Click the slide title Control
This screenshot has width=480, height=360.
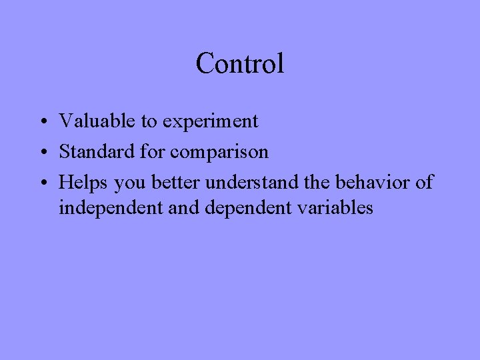coord(240,64)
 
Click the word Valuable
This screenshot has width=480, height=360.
coord(98,121)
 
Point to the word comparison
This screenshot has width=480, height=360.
coord(219,153)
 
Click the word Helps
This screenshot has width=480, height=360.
coord(84,182)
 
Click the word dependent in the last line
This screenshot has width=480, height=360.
coord(245,208)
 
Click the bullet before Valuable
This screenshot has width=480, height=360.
coord(42,123)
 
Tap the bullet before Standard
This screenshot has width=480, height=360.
coord(42,153)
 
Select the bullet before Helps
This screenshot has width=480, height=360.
coord(42,183)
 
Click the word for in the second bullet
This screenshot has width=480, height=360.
coord(154,152)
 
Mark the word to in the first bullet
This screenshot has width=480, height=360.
coord(148,122)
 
